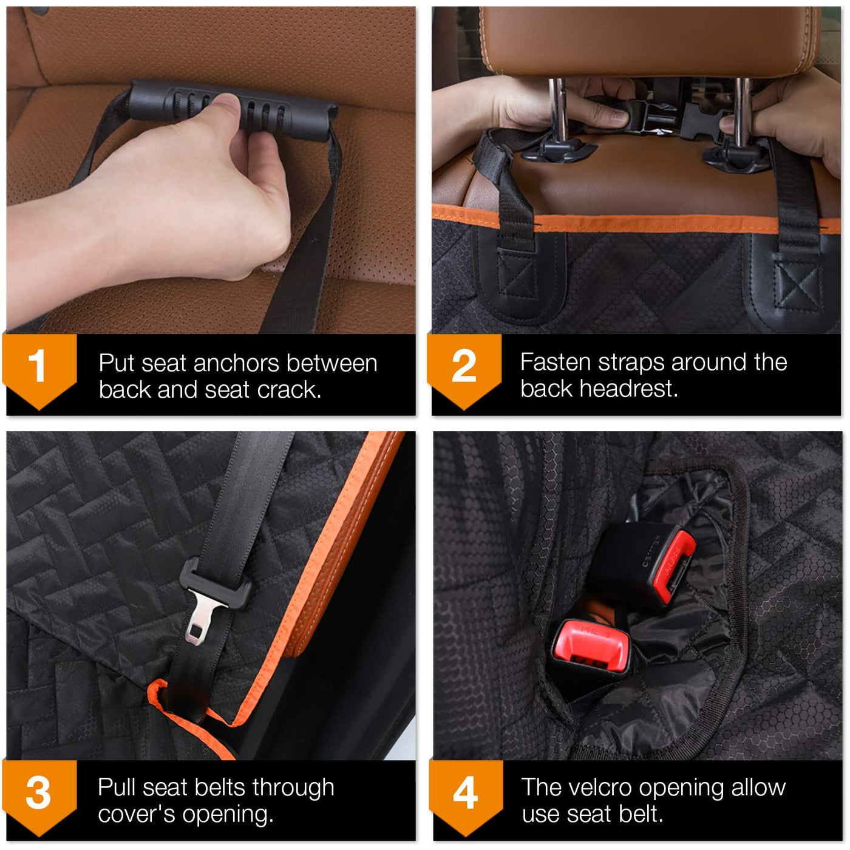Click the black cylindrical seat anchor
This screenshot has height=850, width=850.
click(x=233, y=110)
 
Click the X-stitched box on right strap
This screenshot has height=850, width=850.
click(x=797, y=285)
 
